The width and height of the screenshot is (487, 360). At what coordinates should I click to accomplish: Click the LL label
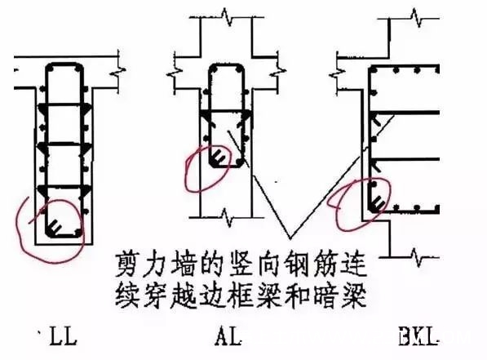64,336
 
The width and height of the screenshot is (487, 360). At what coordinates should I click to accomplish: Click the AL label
228,336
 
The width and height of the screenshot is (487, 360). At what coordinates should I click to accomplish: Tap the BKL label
418,336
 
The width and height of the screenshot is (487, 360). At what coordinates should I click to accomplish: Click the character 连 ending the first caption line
354,264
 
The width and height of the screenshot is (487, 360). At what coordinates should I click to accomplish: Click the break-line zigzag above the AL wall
228,17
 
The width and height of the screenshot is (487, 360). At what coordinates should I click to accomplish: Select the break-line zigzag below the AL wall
228,217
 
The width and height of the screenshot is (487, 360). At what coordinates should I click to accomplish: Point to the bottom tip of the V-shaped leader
290,238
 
